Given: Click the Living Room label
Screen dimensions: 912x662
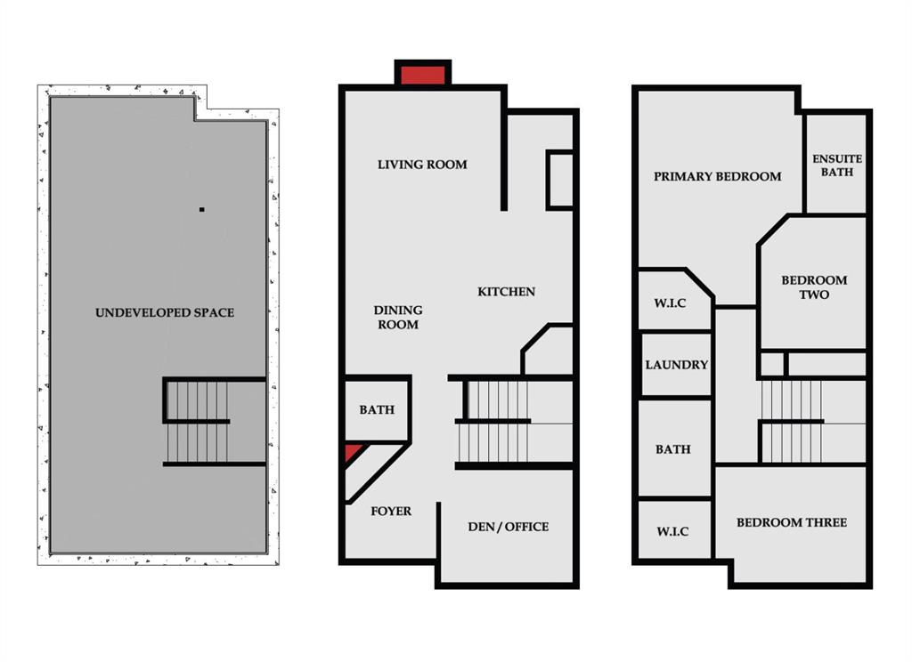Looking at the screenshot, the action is click(422, 165).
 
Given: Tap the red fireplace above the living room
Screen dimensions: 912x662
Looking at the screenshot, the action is click(423, 75).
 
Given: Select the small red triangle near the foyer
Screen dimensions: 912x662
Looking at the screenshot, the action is click(353, 453).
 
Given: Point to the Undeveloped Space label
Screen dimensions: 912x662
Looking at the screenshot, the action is click(165, 312).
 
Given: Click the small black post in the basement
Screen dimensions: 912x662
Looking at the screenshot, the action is click(202, 209).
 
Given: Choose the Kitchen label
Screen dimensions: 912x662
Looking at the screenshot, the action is click(506, 292).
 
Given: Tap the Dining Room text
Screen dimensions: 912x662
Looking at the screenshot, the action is click(398, 318).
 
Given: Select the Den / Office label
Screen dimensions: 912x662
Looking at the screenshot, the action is click(509, 527).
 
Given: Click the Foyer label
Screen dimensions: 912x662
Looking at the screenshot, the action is click(391, 511).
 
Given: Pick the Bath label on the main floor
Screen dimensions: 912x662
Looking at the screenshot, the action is click(377, 410).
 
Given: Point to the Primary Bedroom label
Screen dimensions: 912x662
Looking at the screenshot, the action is click(717, 176).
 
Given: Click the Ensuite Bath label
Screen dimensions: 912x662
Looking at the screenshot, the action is click(837, 165).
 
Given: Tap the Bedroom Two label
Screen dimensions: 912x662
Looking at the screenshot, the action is click(814, 287).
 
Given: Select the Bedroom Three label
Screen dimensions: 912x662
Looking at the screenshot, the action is click(792, 522).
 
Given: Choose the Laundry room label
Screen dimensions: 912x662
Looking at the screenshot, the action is click(677, 365).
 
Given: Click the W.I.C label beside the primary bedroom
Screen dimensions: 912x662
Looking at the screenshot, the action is click(670, 303).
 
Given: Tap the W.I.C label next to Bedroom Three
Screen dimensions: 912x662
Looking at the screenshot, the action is click(672, 531).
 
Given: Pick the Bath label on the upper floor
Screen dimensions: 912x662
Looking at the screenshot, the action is click(673, 449).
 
